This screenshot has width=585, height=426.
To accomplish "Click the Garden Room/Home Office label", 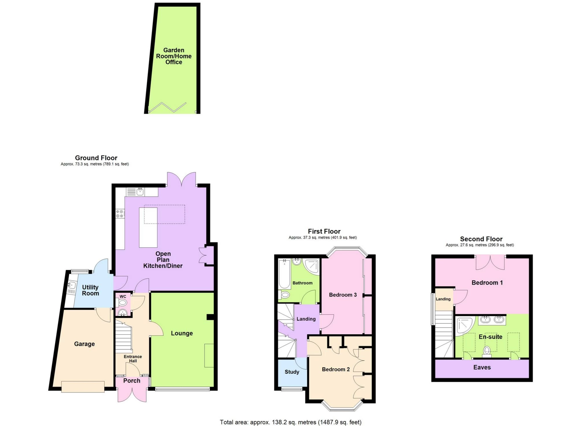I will [174, 56].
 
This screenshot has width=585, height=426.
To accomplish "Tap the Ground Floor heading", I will [96, 158].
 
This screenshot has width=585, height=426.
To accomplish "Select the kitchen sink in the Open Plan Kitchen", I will [140, 191].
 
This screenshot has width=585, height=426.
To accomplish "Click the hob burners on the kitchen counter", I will [120, 214].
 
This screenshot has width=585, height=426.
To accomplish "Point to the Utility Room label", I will [90, 290].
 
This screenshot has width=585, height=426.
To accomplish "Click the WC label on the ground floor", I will [123, 296].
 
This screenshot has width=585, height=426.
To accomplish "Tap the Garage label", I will [84, 344].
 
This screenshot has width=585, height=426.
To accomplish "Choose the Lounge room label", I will [182, 333].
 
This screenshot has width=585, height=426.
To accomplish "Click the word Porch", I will [132, 381].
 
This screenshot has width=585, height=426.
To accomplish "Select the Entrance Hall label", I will [133, 359].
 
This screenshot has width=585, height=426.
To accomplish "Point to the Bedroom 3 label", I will [343, 295].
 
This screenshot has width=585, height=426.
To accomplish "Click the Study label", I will [292, 372].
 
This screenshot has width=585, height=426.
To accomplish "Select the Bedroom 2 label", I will [336, 369].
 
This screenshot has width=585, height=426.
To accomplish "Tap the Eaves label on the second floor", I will [482, 367].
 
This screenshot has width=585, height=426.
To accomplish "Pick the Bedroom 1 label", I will [487, 283].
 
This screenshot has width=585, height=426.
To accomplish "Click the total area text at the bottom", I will [291, 422].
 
